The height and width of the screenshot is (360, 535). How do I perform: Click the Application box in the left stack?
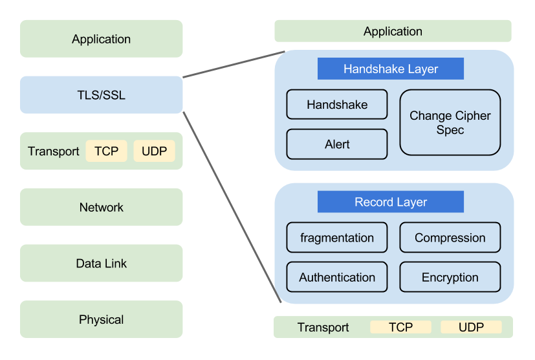pos(102,39)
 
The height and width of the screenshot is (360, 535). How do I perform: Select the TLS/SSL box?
pos(102,95)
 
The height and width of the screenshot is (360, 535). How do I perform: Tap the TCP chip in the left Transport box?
pos(106,152)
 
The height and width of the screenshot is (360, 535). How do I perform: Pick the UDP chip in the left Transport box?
pos(154,152)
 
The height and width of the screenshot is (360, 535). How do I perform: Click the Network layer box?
pos(102,207)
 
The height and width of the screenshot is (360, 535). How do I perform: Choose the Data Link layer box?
pos(102,264)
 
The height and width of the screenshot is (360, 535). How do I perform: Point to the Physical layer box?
pos(102,319)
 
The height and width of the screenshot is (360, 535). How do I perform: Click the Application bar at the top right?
pos(393,31)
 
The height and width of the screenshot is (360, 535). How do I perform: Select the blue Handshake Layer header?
pos(391,69)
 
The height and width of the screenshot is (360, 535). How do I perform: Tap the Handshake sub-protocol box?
pos(337,104)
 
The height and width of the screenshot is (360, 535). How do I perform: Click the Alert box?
pos(337,144)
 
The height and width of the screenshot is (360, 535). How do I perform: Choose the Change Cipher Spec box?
pos(450,122)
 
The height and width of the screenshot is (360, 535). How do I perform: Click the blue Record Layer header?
pos(391,202)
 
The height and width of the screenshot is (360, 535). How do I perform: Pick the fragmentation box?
pos(337,238)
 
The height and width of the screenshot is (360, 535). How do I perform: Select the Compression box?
pos(450,238)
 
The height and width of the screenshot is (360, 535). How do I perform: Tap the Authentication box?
pos(337,277)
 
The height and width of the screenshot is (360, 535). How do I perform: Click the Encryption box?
pos(450,277)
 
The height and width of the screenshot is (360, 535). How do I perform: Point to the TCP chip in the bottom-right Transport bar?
pos(400,327)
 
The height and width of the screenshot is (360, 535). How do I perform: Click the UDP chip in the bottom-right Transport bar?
pos(471,327)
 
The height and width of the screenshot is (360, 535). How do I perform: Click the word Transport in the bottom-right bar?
pos(323,327)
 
